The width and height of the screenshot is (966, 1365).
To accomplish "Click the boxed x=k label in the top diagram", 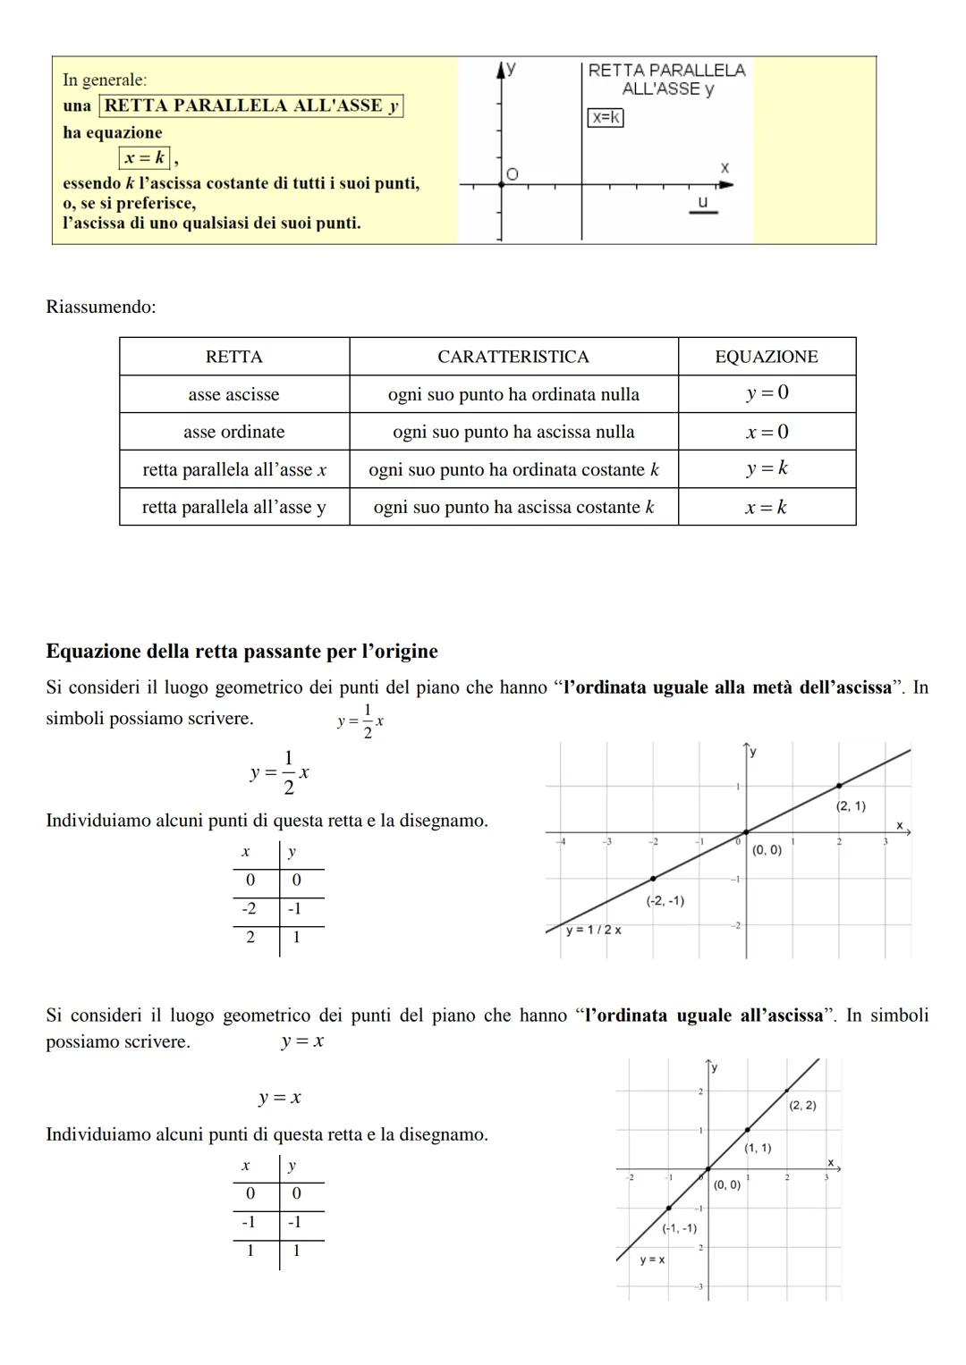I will [x=606, y=117].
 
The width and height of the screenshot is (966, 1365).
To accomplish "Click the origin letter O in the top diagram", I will [x=512, y=173].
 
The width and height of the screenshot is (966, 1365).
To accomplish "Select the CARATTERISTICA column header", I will [x=513, y=357].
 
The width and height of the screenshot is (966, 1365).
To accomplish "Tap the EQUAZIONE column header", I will [x=767, y=357].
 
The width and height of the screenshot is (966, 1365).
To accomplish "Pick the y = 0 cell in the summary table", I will [x=767, y=393].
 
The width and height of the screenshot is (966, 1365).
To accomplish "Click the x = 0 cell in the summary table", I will [x=767, y=432].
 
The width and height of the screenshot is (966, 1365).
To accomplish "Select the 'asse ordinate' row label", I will [x=234, y=432].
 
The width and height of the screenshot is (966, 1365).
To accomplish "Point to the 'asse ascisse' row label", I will [x=233, y=394].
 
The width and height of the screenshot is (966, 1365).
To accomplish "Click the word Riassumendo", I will [x=101, y=307].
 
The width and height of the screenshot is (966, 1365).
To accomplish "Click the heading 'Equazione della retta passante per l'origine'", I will [x=241, y=651].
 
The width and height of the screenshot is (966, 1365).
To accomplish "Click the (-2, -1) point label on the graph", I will [x=665, y=900].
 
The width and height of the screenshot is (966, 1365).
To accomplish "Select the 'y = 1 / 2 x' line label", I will [x=593, y=930].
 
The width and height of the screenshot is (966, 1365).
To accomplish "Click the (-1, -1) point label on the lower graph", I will [x=679, y=1228].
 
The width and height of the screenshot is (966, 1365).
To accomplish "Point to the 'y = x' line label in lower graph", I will [x=652, y=1260].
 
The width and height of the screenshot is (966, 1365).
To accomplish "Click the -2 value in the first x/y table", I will [x=249, y=909].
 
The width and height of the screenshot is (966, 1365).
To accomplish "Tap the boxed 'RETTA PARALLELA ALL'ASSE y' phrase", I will [x=250, y=105].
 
